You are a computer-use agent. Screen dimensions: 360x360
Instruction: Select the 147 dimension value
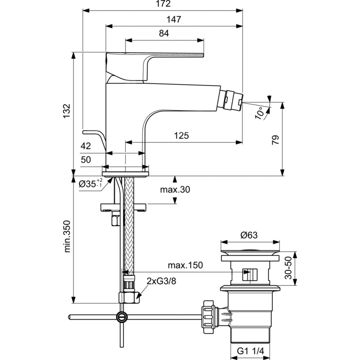pyautogui.click(x=174, y=19)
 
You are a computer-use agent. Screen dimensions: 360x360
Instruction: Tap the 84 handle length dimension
pyautogui.click(x=164, y=33)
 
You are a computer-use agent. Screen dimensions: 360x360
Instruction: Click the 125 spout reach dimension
pyautogui.click(x=181, y=136)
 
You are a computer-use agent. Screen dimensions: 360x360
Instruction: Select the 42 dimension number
pyautogui.click(x=86, y=146)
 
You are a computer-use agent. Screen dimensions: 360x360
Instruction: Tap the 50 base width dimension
pyautogui.click(x=86, y=160)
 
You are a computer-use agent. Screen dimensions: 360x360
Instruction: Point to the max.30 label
pyautogui.click(x=175, y=190)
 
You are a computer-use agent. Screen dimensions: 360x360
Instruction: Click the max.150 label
pyautogui.click(x=185, y=266)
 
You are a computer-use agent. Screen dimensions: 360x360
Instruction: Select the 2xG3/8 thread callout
pyautogui.click(x=161, y=282)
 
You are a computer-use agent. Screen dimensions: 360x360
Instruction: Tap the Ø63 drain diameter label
pyautogui.click(x=249, y=235)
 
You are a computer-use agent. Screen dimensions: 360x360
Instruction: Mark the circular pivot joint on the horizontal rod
pyautogui.click(x=122, y=317)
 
